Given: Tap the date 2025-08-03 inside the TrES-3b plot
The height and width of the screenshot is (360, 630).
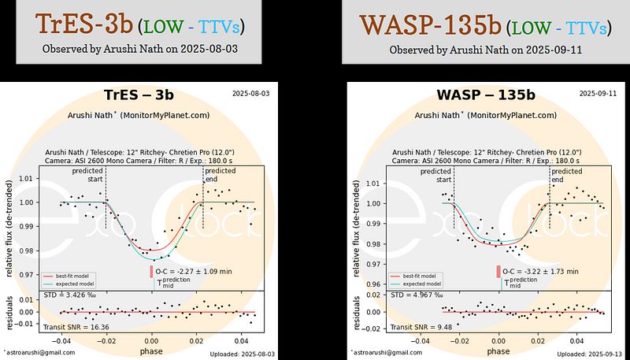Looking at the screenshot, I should point(250,94).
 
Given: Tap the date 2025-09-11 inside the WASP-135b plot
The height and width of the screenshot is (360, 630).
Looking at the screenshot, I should point(587,95).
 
